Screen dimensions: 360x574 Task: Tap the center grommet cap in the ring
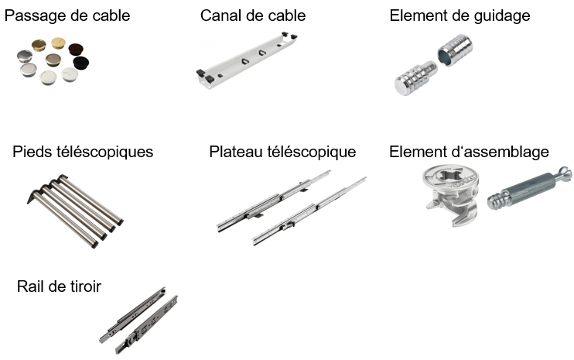click(53, 60)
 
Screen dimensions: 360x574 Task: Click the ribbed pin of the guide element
click(415, 79)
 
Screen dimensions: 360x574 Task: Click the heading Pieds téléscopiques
click(83, 152)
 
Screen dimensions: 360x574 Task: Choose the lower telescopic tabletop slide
click(309, 212)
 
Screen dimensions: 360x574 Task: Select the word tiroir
click(83, 287)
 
